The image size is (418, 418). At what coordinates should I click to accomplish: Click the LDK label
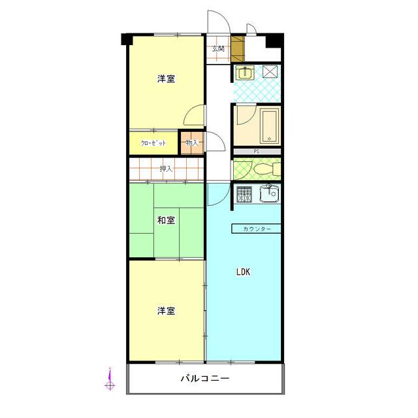coord(244,272)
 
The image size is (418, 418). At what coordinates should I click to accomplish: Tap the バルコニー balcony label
coord(205,378)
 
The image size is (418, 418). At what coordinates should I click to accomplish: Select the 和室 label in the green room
coord(166,221)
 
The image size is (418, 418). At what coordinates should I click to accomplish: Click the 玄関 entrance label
coord(218,49)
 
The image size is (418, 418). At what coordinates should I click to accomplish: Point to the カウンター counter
coord(256,229)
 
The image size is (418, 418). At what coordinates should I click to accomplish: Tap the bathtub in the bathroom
coord(270,126)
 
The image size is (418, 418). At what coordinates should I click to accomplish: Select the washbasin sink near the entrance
coord(245,72)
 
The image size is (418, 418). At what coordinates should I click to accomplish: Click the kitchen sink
coord(270,193)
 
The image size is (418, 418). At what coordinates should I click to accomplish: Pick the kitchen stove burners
coord(244,194)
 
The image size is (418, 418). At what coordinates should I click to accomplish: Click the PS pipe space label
coord(257,152)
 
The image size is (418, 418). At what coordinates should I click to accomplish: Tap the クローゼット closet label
coord(153,143)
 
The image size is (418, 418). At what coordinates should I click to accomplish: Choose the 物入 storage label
coord(192,142)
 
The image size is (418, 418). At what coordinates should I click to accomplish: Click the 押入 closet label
coord(166,169)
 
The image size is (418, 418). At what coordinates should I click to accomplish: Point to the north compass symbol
coord(110,379)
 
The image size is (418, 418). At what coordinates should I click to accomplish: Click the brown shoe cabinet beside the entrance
coord(238,48)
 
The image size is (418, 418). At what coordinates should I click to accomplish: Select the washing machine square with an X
coord(270,72)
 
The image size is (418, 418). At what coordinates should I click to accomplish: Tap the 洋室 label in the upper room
coord(166,79)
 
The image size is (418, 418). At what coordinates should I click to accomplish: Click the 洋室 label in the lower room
coord(166,311)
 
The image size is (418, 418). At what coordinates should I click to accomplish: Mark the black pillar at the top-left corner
coord(127,39)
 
